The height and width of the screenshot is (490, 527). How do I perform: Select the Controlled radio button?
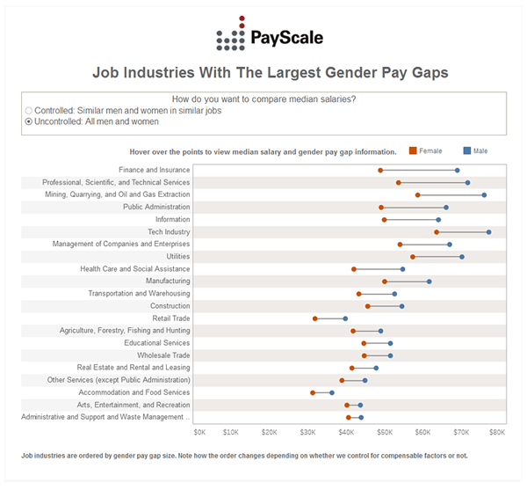point(29,111)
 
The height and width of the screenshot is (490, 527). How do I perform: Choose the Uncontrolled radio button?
point(29,122)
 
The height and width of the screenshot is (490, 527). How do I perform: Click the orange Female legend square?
point(413,151)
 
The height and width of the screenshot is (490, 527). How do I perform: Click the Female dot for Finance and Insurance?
point(380,170)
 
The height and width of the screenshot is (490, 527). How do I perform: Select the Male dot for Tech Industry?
point(489,232)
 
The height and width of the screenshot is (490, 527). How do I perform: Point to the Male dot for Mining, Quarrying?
point(484,194)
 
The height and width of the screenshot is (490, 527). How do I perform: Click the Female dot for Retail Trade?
point(314,318)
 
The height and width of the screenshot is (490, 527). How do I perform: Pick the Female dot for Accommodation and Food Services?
point(313,392)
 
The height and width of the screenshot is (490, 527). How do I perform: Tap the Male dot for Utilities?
point(462,257)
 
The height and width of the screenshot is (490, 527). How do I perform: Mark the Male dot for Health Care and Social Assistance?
point(403,269)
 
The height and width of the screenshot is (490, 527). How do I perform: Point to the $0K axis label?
point(199,432)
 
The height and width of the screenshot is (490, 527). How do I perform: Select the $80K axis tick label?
point(497,432)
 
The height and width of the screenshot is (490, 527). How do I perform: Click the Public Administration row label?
point(156,207)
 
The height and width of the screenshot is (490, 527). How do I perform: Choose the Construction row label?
point(170,306)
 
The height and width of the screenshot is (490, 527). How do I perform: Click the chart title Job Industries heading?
point(263,74)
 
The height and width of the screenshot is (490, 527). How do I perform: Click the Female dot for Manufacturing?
point(385,282)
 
